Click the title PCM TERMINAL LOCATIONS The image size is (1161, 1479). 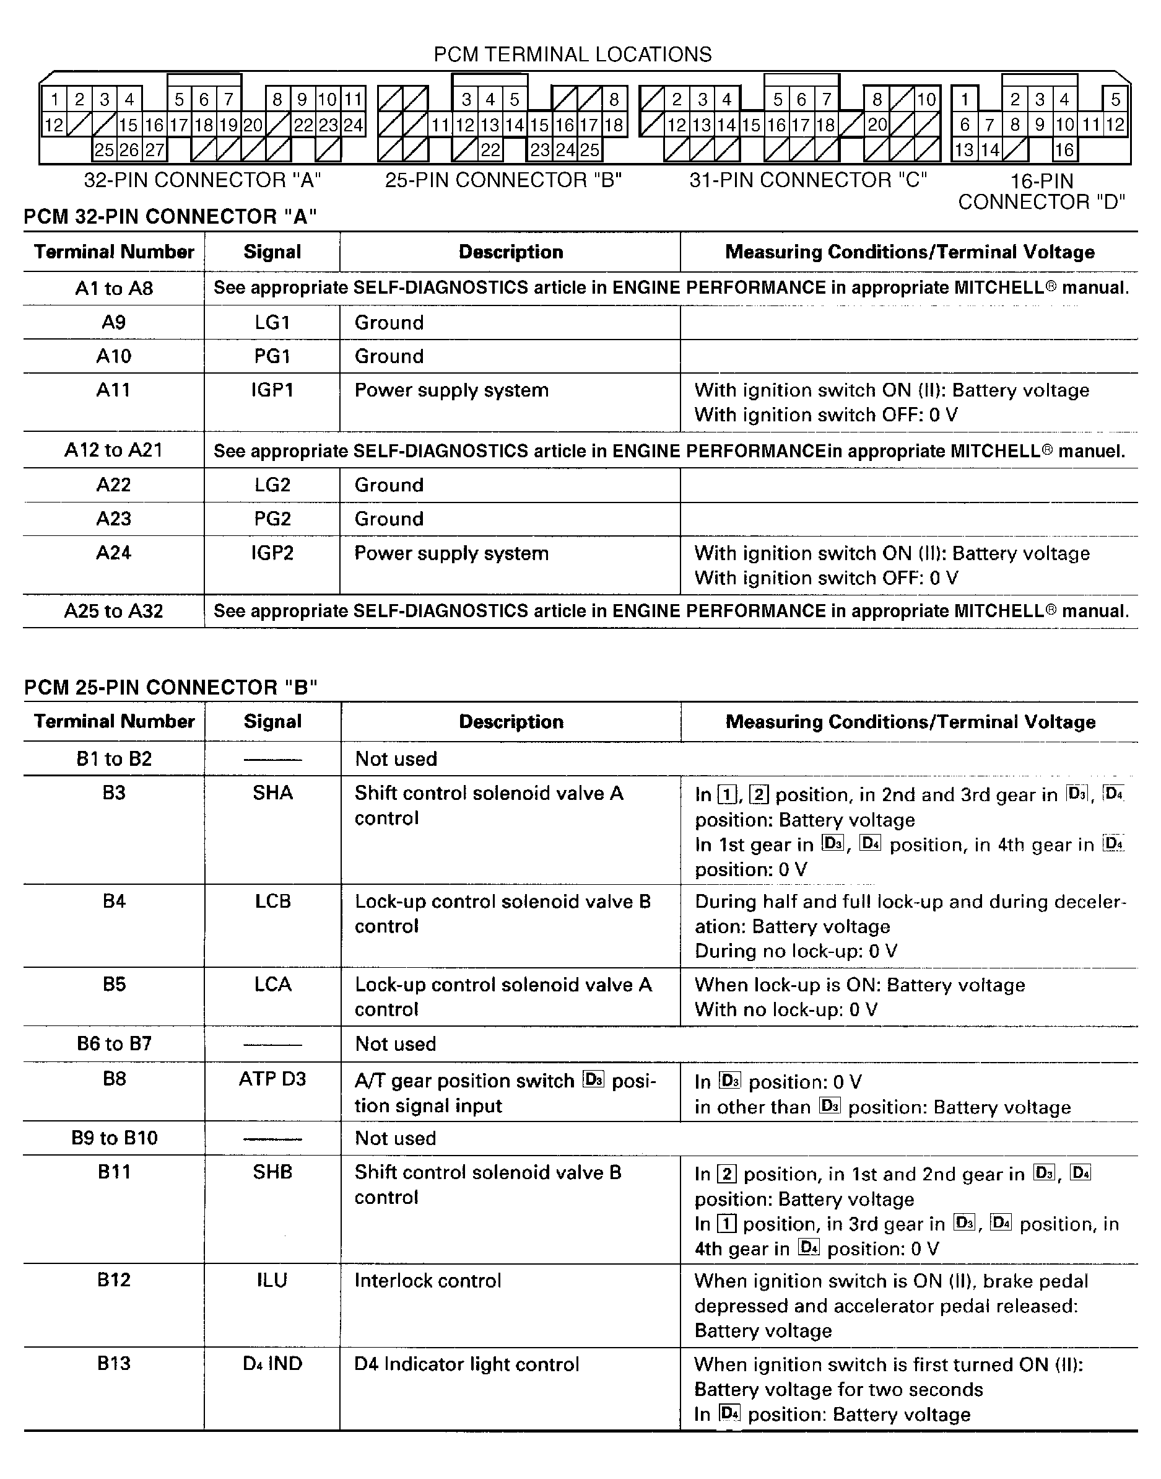(572, 55)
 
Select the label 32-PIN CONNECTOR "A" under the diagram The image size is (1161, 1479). (202, 180)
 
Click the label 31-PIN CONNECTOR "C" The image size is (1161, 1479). (807, 180)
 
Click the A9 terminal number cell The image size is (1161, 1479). (113, 322)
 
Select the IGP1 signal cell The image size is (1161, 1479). (272, 390)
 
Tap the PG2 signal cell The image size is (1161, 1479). (272, 519)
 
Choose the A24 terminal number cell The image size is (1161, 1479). (113, 553)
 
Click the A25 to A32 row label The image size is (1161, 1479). (113, 612)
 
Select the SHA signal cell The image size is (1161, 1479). (272, 793)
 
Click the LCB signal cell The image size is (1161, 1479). (272, 902)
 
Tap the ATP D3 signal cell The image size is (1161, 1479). (272, 1079)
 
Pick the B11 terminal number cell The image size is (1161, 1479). (113, 1172)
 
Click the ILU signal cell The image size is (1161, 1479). (272, 1281)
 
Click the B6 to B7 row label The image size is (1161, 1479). (113, 1044)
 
